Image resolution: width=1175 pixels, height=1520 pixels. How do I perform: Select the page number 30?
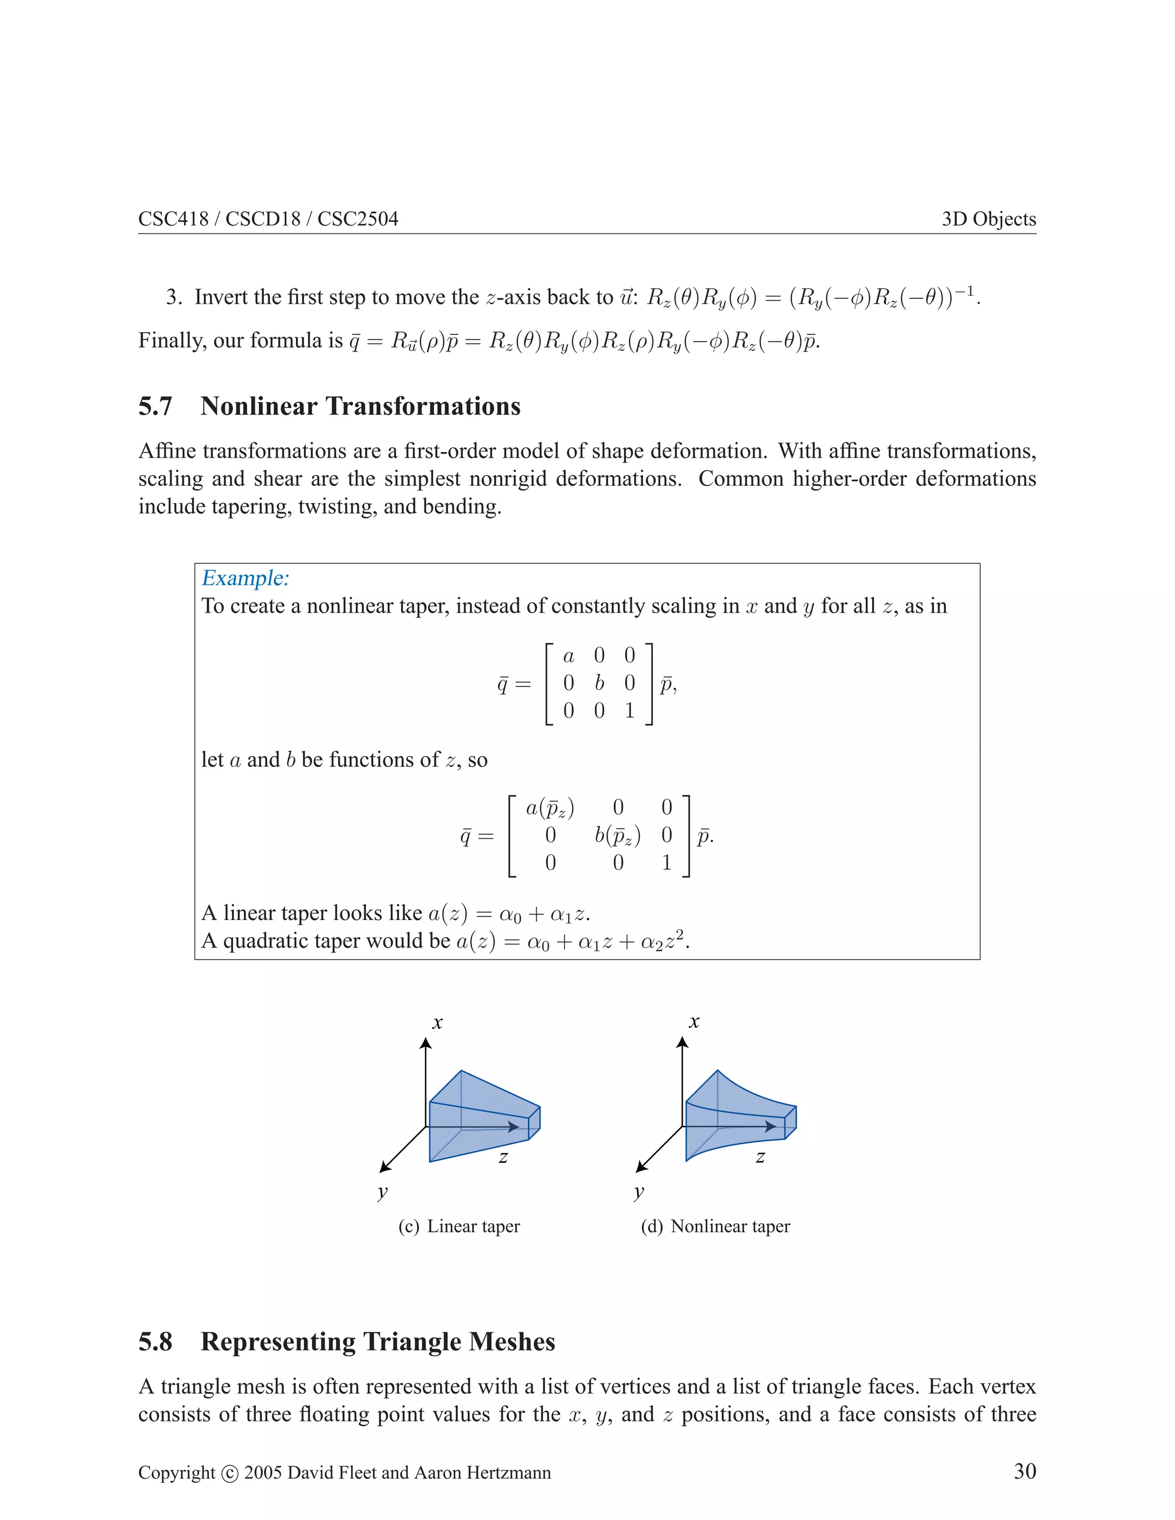tap(1025, 1471)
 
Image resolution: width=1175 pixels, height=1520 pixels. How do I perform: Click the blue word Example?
tap(245, 578)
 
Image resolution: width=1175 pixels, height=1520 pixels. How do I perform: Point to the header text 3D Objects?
tap(989, 219)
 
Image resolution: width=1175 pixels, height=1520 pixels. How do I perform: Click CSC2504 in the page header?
tap(358, 219)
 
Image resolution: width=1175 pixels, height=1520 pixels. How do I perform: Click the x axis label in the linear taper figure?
tap(437, 1022)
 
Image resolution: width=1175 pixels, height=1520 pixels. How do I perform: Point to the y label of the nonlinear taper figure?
tap(639, 1191)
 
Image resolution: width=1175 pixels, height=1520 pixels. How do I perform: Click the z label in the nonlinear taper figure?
tap(760, 1157)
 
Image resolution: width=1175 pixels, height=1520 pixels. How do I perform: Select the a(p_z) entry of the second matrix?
tap(550, 808)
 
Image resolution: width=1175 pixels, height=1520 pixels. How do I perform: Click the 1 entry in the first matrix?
tap(629, 711)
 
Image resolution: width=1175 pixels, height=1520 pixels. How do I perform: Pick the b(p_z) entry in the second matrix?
tap(617, 835)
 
